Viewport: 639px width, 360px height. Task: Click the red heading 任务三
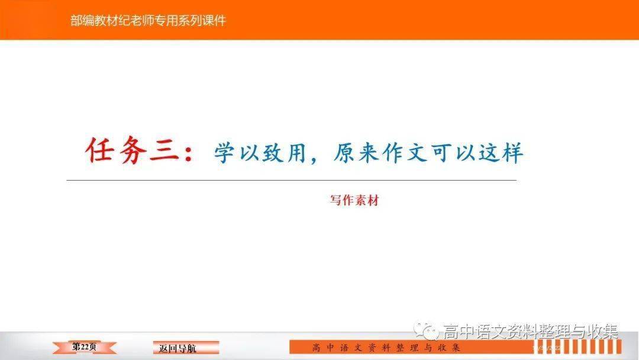(x=133, y=150)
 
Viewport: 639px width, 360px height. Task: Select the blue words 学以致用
(x=260, y=153)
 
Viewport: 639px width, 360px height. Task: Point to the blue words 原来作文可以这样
(x=428, y=153)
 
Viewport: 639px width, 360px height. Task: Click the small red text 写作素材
(x=354, y=200)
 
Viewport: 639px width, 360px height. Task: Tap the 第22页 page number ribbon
(x=85, y=347)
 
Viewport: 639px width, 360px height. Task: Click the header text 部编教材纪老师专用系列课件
(x=148, y=20)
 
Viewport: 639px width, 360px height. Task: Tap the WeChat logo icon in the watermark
(x=426, y=330)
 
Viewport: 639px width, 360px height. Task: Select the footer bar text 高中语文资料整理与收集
(x=386, y=348)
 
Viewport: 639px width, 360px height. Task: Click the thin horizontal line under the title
(x=291, y=180)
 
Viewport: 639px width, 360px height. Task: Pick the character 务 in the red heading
(x=133, y=150)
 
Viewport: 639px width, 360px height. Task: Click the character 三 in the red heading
(x=164, y=151)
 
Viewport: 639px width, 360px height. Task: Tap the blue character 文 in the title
(x=417, y=153)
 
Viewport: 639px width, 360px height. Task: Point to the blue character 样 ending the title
(x=512, y=153)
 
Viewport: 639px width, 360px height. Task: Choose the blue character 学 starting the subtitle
(x=225, y=153)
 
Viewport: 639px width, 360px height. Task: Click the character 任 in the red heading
(x=100, y=150)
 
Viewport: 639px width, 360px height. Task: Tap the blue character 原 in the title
(x=345, y=153)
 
